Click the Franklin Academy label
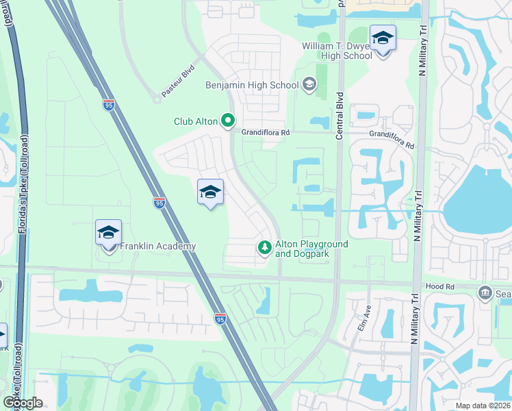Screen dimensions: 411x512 click(x=158, y=247)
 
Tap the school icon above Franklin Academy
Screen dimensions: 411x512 click(x=108, y=233)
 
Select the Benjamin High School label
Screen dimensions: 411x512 click(x=252, y=85)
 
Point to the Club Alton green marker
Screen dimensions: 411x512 click(x=228, y=122)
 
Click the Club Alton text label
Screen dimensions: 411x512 click(x=195, y=122)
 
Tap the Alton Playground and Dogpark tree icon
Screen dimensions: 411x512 click(x=264, y=248)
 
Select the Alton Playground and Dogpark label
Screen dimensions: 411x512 click(x=311, y=249)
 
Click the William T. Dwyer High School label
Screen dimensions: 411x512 click(x=337, y=51)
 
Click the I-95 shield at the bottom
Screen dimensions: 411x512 click(x=220, y=319)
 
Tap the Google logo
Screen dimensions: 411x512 click(x=23, y=403)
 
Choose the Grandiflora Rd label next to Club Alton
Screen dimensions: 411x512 click(x=266, y=132)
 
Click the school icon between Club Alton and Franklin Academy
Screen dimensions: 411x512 click(x=210, y=192)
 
